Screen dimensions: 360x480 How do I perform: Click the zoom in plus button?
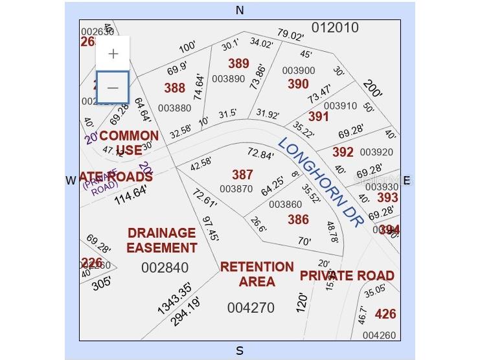click(x=113, y=54)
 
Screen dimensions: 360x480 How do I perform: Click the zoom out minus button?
click(x=113, y=87)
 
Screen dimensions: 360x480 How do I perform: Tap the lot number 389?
click(x=238, y=63)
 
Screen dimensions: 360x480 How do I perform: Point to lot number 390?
click(x=298, y=84)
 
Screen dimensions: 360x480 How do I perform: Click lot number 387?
click(x=242, y=175)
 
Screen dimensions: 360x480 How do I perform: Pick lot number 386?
click(x=298, y=219)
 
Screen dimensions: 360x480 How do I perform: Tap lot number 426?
click(x=385, y=314)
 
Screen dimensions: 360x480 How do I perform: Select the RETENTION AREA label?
click(x=257, y=274)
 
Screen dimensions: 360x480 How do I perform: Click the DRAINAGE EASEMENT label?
click(x=161, y=240)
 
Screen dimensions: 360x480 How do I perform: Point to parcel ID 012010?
click(x=335, y=27)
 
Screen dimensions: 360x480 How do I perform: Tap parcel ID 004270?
click(x=251, y=308)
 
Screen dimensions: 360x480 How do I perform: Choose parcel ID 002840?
click(x=165, y=267)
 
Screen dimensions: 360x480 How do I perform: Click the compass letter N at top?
click(x=240, y=10)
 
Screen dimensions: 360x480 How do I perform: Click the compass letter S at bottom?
click(x=240, y=351)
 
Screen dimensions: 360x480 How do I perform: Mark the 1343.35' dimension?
click(x=174, y=298)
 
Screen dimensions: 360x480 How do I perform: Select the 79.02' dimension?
click(x=290, y=35)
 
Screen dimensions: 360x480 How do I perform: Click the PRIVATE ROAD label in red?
click(x=347, y=275)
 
